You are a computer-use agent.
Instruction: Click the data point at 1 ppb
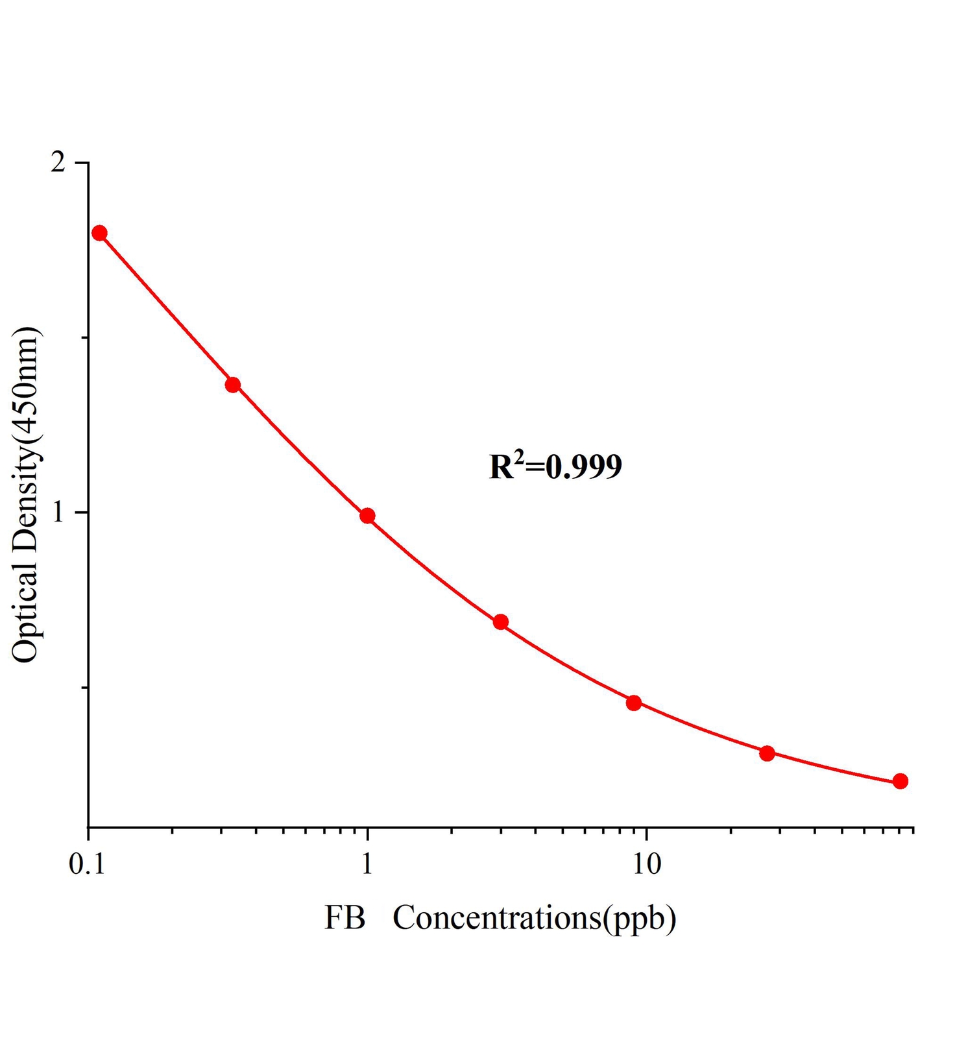pyautogui.click(x=367, y=516)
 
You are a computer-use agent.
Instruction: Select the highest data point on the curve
pyautogui.click(x=99, y=233)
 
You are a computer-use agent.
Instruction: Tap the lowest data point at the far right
pyautogui.click(x=900, y=781)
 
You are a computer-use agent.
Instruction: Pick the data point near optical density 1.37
pyautogui.click(x=233, y=385)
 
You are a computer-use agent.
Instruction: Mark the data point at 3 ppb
pyautogui.click(x=500, y=622)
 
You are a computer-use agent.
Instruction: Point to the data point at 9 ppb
pyautogui.click(x=634, y=703)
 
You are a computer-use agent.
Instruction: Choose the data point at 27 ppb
pyautogui.click(x=767, y=753)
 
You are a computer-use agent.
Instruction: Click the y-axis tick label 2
pyautogui.click(x=59, y=162)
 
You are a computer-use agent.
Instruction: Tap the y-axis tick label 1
pyautogui.click(x=59, y=513)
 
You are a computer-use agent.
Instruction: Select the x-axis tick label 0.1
pyautogui.click(x=87, y=865)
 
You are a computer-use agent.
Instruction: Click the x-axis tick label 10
pyautogui.click(x=646, y=865)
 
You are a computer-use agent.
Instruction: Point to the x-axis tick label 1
pyautogui.click(x=367, y=865)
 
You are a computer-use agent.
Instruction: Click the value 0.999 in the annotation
pyautogui.click(x=584, y=467)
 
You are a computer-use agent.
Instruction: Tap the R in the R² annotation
pyautogui.click(x=501, y=468)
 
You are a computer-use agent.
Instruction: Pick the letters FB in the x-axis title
pyautogui.click(x=345, y=919)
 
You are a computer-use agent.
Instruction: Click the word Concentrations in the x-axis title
pyautogui.click(x=497, y=919)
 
